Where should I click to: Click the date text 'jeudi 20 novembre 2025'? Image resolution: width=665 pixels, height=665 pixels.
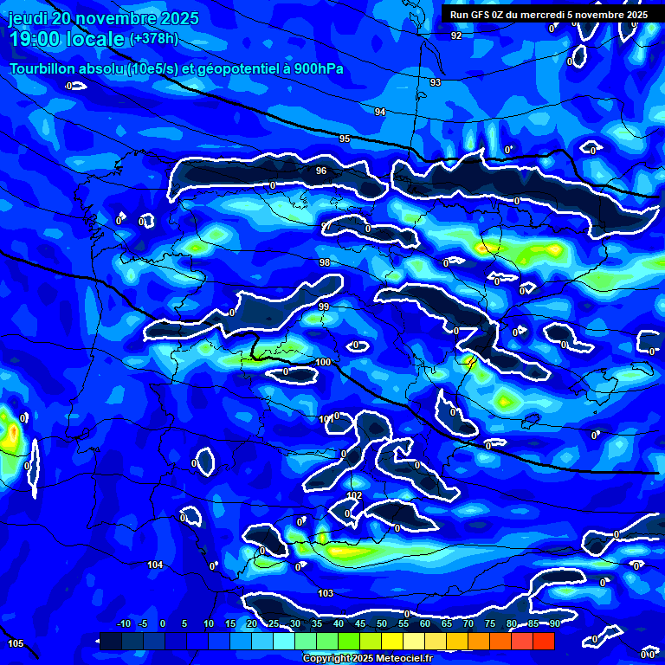tap(103, 18)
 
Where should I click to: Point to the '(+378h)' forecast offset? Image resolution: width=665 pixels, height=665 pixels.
tap(153, 39)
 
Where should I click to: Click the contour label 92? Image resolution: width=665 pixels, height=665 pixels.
tap(456, 36)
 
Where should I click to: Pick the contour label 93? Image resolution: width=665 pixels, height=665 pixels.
tap(436, 82)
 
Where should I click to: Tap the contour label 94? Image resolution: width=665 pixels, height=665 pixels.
tap(379, 112)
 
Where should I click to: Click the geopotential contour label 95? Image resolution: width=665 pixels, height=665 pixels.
tap(345, 139)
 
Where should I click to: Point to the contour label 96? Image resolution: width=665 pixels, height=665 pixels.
tap(321, 171)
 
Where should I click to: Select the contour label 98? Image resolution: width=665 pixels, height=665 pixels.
tap(325, 262)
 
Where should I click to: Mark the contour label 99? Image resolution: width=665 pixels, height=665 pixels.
tap(324, 307)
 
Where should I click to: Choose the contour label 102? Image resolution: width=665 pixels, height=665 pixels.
tap(353, 495)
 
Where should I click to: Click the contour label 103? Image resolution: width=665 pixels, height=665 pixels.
tap(326, 593)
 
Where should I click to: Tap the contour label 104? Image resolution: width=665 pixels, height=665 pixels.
tap(155, 565)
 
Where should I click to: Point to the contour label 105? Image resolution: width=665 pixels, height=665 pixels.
tap(16, 643)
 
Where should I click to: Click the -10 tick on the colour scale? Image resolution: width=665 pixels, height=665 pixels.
tap(123, 623)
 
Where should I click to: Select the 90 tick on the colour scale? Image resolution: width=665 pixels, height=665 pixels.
tap(554, 623)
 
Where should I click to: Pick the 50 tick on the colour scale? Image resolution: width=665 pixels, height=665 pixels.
tap(382, 623)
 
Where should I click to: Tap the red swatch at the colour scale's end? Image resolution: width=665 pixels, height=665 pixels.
tap(543, 641)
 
